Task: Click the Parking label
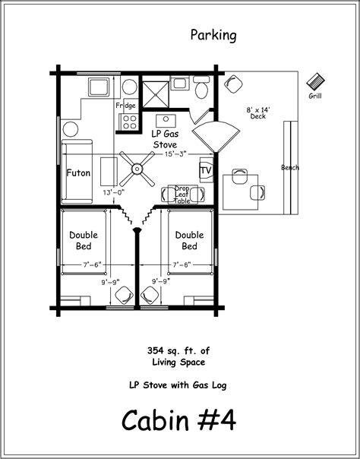[213, 36]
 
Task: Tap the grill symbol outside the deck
[315, 81]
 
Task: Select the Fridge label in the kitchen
[125, 106]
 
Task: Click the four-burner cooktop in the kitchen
[128, 122]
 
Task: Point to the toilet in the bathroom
[201, 87]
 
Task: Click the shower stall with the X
[156, 94]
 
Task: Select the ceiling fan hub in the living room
[137, 169]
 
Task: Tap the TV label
[206, 171]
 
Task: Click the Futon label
[78, 173]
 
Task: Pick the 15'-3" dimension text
[175, 154]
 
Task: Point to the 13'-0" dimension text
[114, 192]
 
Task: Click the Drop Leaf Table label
[182, 195]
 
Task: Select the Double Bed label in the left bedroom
[84, 240]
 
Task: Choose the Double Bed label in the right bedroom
[190, 240]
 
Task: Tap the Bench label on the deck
[290, 167]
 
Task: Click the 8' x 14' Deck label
[258, 113]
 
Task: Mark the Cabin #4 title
[178, 420]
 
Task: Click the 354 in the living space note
[155, 350]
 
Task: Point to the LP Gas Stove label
[165, 139]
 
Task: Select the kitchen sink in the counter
[99, 87]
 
